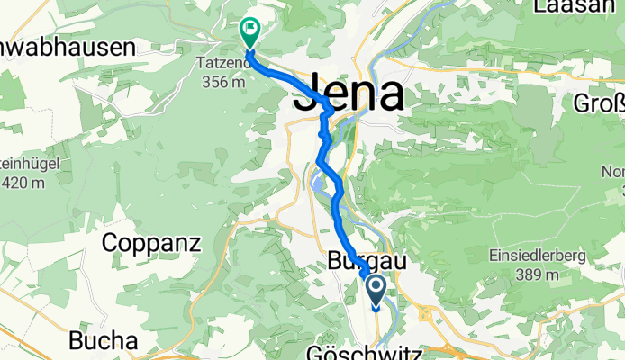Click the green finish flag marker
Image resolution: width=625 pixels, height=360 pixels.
(249, 32)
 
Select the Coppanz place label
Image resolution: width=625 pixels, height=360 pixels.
(154, 242)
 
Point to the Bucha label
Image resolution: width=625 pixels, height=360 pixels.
(104, 342)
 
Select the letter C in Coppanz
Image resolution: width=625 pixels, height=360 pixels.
(112, 242)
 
